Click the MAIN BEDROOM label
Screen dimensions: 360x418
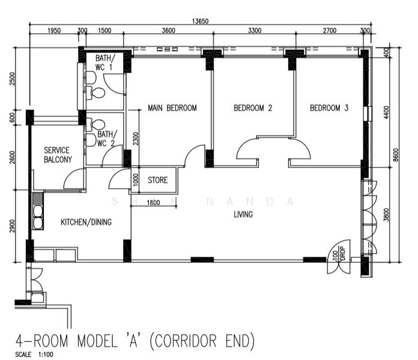(172, 108)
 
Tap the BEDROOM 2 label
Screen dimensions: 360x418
(253, 108)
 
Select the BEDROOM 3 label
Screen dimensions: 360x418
(329, 108)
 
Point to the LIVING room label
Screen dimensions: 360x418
(243, 214)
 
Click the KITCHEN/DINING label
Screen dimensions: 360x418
(86, 222)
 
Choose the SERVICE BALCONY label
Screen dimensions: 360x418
(58, 155)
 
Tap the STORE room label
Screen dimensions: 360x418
(157, 179)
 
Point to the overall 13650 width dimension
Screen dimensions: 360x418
(200, 21)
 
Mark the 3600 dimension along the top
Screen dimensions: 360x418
(168, 31)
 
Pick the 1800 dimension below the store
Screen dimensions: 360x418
(153, 203)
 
